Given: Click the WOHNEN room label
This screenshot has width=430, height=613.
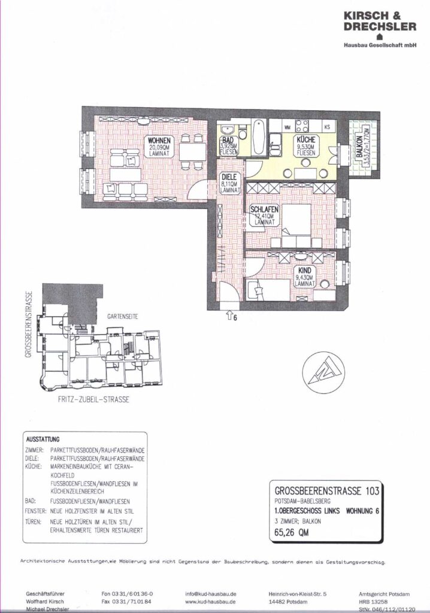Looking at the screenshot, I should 156,141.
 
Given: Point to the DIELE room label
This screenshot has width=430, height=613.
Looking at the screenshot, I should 230,177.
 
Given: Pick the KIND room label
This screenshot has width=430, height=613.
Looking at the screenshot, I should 305,271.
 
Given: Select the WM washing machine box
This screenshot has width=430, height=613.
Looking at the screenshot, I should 287,127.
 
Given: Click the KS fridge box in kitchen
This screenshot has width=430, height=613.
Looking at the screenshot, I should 327,127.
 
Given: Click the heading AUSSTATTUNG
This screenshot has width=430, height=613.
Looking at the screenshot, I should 43,438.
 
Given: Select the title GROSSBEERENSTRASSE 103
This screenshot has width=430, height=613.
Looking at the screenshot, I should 325,490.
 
